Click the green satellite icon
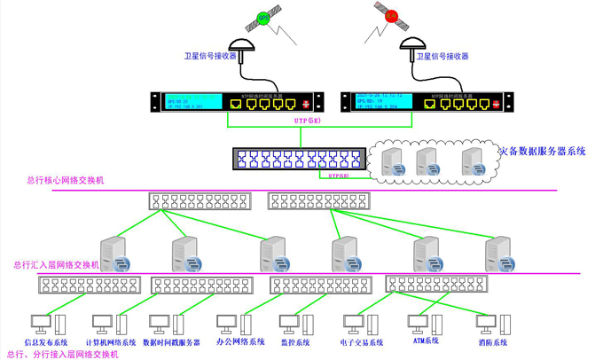[263, 17]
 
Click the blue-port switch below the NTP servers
[300, 160]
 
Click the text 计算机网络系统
[111, 342]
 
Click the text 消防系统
[493, 342]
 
